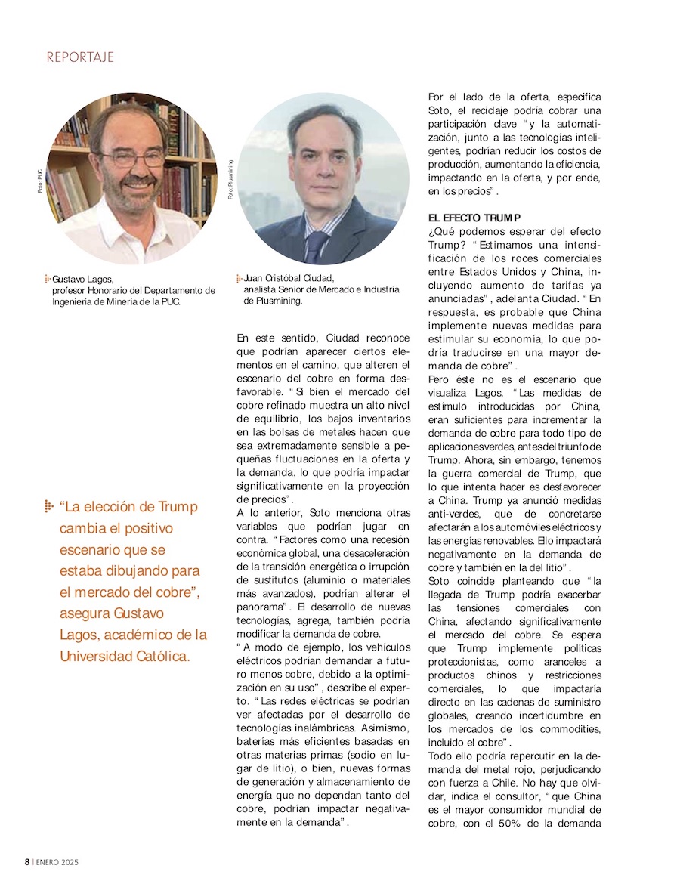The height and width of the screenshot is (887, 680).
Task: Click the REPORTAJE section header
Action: [80, 57]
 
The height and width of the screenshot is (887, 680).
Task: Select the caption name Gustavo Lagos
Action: [82, 280]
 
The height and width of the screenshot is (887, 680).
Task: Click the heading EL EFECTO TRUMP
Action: [474, 218]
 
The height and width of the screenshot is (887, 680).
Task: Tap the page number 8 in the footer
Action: [26, 862]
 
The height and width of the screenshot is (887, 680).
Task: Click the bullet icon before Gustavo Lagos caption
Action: [48, 280]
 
